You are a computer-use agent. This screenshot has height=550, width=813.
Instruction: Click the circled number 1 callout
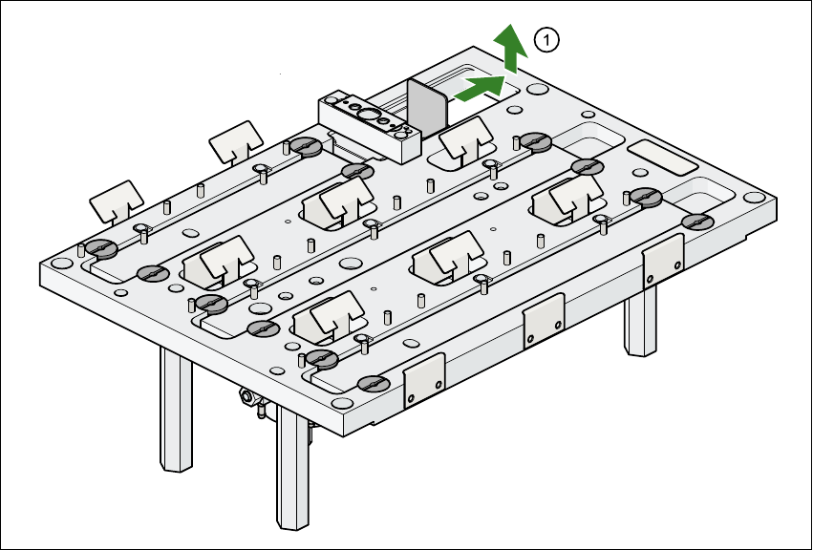pos(546,40)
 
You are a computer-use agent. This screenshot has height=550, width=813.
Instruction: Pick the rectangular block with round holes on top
pos(370,123)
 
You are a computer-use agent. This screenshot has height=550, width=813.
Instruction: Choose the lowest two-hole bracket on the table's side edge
pos(424,380)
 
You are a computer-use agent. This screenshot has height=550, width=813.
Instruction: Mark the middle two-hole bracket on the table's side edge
pos(543,319)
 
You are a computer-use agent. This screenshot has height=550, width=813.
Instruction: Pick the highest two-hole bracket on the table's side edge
pos(662,259)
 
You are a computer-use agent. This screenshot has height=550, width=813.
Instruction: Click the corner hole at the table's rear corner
pos(536,88)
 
